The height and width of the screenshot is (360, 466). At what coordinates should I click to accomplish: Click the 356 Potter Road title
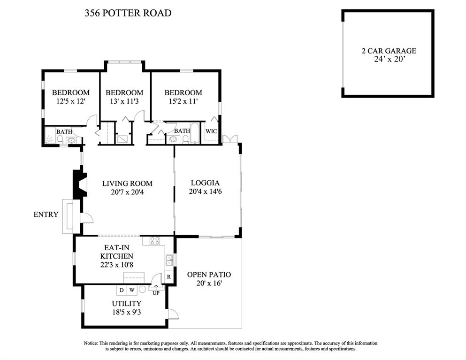128,13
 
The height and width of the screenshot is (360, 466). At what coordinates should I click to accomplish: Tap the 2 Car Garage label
389,51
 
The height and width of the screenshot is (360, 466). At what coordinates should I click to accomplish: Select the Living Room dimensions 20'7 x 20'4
127,192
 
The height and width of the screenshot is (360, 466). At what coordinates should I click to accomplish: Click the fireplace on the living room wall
80,184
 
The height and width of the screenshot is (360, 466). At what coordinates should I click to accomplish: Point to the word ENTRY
46,214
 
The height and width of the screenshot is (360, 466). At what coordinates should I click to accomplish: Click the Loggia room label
205,183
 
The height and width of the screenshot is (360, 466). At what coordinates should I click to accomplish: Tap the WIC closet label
211,131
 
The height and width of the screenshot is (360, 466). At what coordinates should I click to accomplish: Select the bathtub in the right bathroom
195,133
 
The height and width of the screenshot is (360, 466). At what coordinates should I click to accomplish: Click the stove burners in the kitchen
155,240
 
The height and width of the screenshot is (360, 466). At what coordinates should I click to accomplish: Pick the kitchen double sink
169,260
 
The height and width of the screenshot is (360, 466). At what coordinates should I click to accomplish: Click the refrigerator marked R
168,277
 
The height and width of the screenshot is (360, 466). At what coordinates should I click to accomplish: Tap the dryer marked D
122,290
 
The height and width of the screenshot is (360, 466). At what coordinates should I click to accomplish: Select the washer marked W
132,290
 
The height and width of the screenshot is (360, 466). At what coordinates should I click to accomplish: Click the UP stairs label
156,293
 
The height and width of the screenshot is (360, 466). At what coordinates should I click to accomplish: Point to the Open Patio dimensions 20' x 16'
209,283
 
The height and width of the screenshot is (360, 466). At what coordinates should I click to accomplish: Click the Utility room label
127,304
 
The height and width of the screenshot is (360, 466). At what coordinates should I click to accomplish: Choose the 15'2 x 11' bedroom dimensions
183,101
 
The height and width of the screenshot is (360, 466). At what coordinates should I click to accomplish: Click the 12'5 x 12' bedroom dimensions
71,101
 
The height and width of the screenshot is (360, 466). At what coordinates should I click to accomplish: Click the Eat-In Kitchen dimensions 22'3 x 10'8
117,265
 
